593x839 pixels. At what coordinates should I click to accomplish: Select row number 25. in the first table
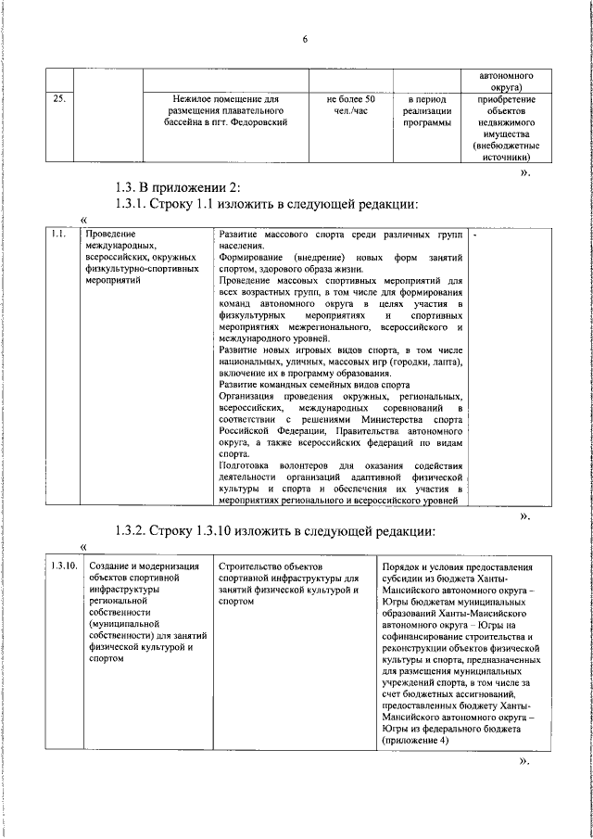point(57,98)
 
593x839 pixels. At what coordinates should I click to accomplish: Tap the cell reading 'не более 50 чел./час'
point(350,104)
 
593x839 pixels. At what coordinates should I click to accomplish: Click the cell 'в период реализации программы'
point(427,110)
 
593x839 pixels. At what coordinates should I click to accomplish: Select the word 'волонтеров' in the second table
point(296,465)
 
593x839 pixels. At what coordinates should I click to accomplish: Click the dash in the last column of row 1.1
point(474,235)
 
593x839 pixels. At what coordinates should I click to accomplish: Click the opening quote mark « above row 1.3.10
point(84,547)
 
